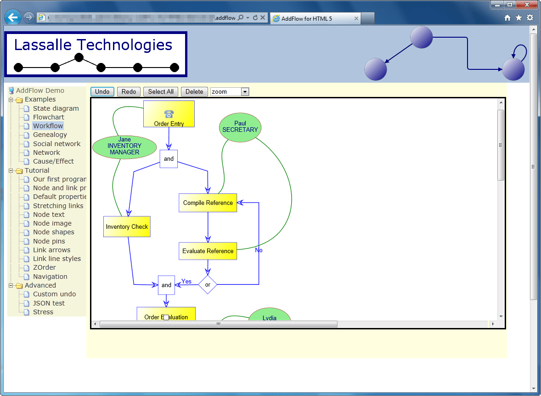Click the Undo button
pyautogui.click(x=102, y=92)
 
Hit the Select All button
pyautogui.click(x=161, y=92)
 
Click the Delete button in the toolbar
pyautogui.click(x=194, y=92)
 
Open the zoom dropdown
pyautogui.click(x=245, y=92)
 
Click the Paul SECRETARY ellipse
pyautogui.click(x=240, y=127)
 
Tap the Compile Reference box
pyautogui.click(x=208, y=203)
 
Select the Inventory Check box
pyautogui.click(x=127, y=226)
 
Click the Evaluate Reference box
pyautogui.click(x=208, y=251)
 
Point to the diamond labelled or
pyautogui.click(x=208, y=285)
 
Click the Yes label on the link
pyautogui.click(x=186, y=282)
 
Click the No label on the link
pyautogui.click(x=259, y=250)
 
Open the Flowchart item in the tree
pyautogui.click(x=48, y=117)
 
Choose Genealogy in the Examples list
pyautogui.click(x=50, y=135)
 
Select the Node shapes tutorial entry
pyautogui.click(x=53, y=232)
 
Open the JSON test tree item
pyautogui.click(x=49, y=303)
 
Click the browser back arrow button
pyautogui.click(x=13, y=17)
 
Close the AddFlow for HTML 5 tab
pyautogui.click(x=356, y=19)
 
